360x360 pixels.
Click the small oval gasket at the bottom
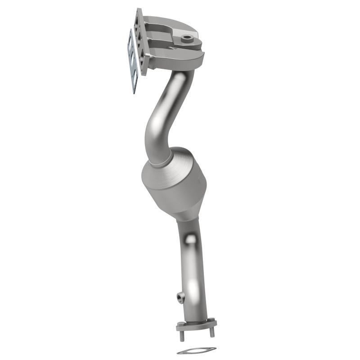(x=196, y=351)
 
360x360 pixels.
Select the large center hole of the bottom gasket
(x=196, y=351)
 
